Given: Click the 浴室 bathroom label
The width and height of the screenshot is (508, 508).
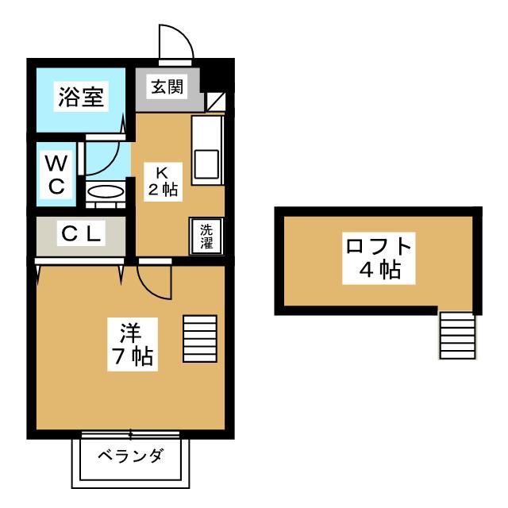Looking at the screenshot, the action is click(79, 98).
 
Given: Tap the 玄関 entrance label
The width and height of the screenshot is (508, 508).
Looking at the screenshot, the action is click(167, 87).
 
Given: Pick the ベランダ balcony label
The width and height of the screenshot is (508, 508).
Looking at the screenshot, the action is click(131, 456).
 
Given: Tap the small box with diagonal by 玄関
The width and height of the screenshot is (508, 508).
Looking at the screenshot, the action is click(215, 102).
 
